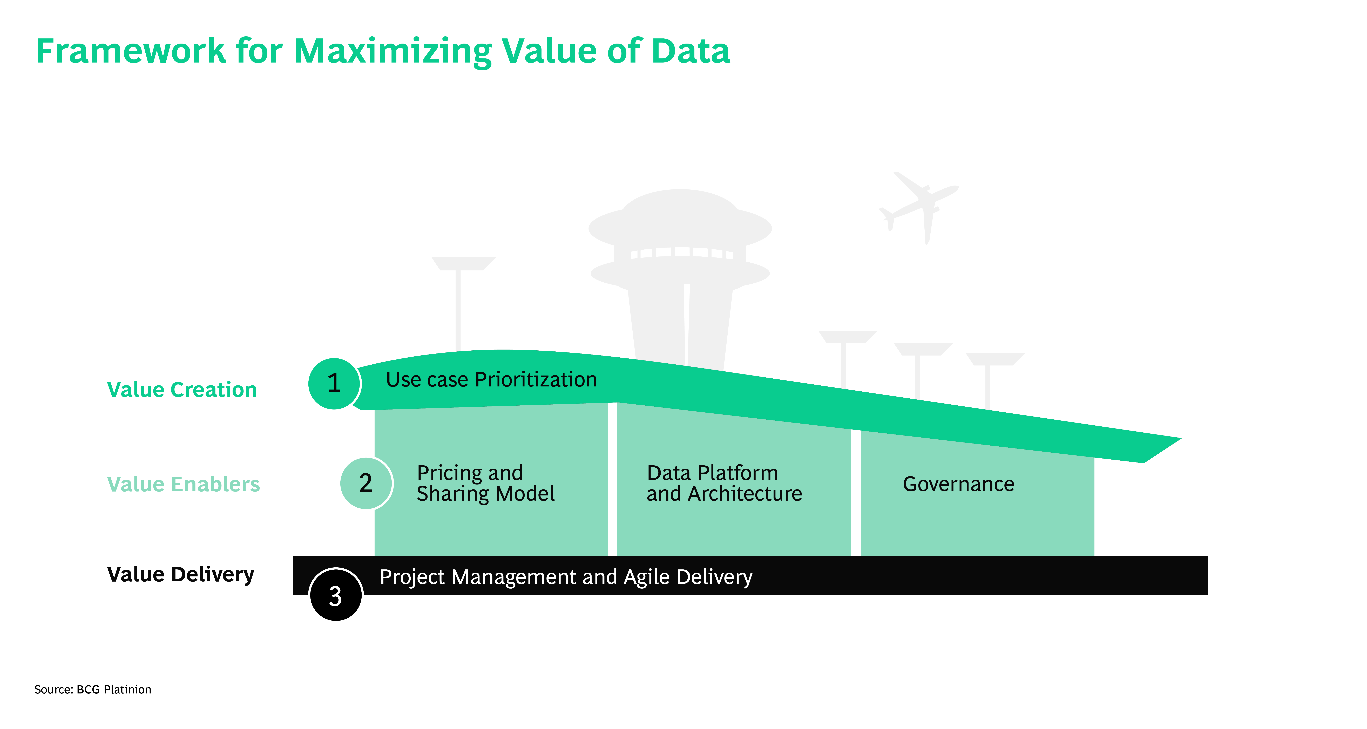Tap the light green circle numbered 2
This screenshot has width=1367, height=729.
pos(366,483)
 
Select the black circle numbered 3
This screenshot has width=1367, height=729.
pos(335,595)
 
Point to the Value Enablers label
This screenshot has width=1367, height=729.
pos(183,484)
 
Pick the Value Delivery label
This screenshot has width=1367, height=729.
pos(180,574)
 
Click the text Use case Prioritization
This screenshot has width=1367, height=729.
pos(491,380)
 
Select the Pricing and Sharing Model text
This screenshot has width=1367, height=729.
pos(485,483)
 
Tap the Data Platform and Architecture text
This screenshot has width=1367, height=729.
pos(724,483)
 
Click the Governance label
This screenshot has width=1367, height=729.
pos(958,484)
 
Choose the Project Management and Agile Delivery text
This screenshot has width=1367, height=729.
pos(566,577)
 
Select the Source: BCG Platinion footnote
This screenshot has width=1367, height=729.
pos(93,689)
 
